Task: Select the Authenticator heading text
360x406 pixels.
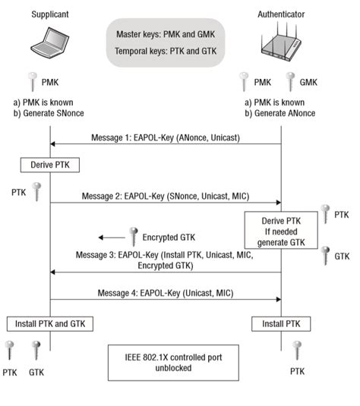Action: pyautogui.click(x=280, y=13)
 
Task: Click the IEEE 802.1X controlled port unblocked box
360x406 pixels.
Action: pyautogui.click(x=166, y=361)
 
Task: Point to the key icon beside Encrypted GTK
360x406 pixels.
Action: pyautogui.click(x=133, y=235)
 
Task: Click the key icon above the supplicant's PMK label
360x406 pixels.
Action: pyautogui.click(x=33, y=80)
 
